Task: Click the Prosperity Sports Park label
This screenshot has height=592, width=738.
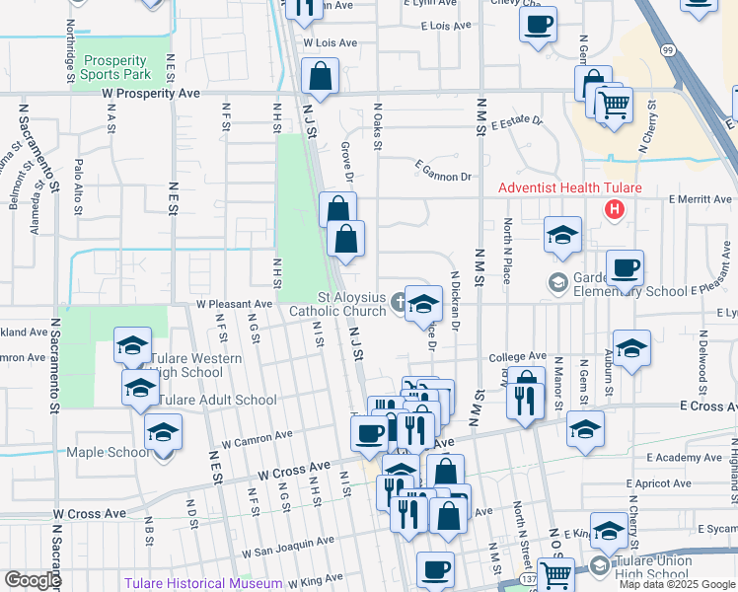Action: point(115,67)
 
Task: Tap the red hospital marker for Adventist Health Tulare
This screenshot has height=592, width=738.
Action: point(615,209)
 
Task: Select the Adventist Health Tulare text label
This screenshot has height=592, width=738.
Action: point(569,188)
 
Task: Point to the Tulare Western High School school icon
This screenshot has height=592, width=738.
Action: point(131,346)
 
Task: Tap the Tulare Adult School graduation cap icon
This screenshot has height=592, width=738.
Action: point(140,389)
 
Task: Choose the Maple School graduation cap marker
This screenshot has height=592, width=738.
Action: point(164,432)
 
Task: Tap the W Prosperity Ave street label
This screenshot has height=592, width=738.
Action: point(151,94)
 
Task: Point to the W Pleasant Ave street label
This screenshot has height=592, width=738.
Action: point(234,305)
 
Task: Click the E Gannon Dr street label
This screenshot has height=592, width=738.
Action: point(443,172)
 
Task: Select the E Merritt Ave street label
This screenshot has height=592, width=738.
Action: point(699,199)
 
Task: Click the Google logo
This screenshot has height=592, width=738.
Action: point(33,580)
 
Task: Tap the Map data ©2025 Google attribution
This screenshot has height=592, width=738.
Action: point(677,584)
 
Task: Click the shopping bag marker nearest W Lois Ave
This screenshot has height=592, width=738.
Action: point(321,76)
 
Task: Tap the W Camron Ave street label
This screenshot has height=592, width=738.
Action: point(257,439)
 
